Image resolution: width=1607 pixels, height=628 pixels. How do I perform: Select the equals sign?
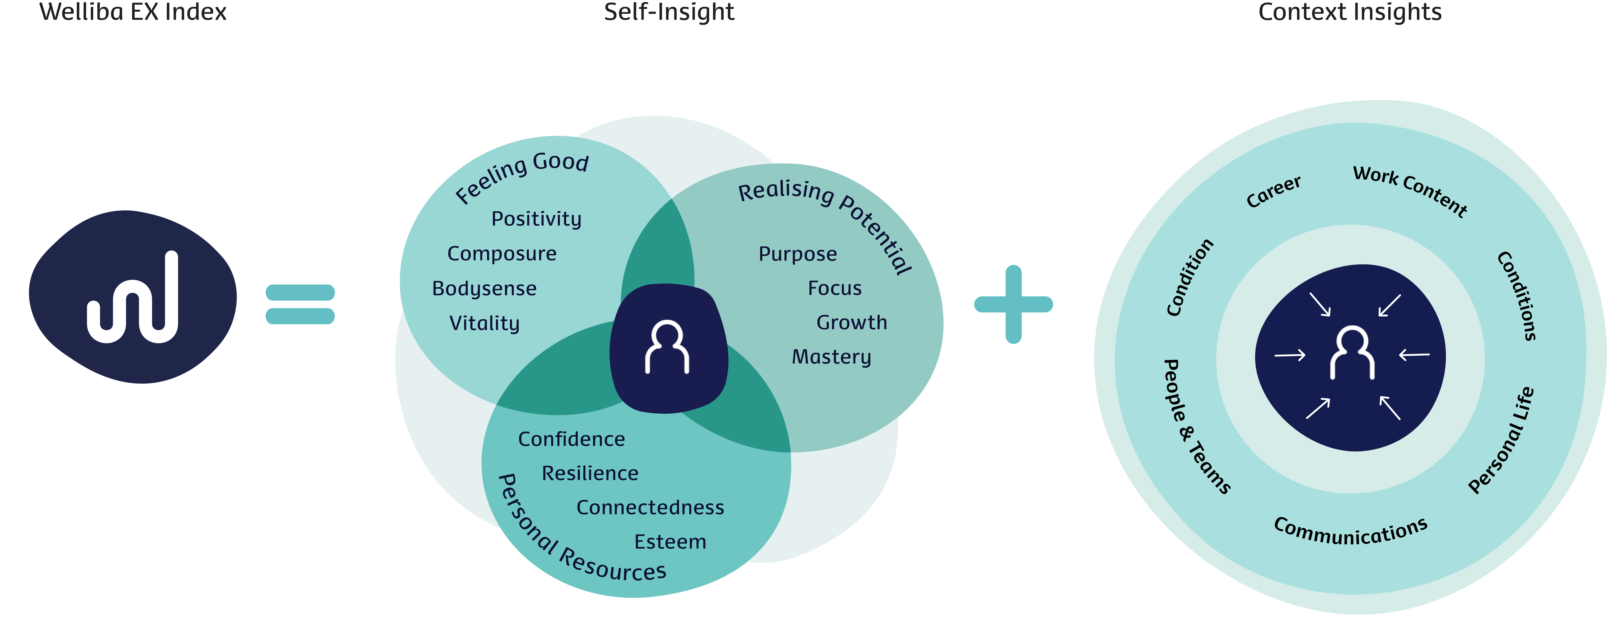pyautogui.click(x=300, y=304)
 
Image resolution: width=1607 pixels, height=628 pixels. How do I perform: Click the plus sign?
pyautogui.click(x=1013, y=305)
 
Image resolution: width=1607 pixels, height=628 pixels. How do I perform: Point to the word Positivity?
pyautogui.click(x=536, y=219)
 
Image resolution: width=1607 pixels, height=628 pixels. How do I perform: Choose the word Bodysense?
pyautogui.click(x=484, y=288)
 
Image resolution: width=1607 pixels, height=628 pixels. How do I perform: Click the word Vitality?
pyautogui.click(x=484, y=323)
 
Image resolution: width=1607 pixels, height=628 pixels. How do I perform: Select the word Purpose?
pyautogui.click(x=797, y=254)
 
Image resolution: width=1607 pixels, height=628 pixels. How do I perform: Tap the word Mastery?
pyautogui.click(x=831, y=357)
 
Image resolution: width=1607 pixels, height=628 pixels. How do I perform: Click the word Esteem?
pyautogui.click(x=670, y=542)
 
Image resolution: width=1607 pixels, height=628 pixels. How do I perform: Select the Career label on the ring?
pyautogui.click(x=1273, y=192)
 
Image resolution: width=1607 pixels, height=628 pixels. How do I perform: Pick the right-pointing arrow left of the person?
pyautogui.click(x=1289, y=355)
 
